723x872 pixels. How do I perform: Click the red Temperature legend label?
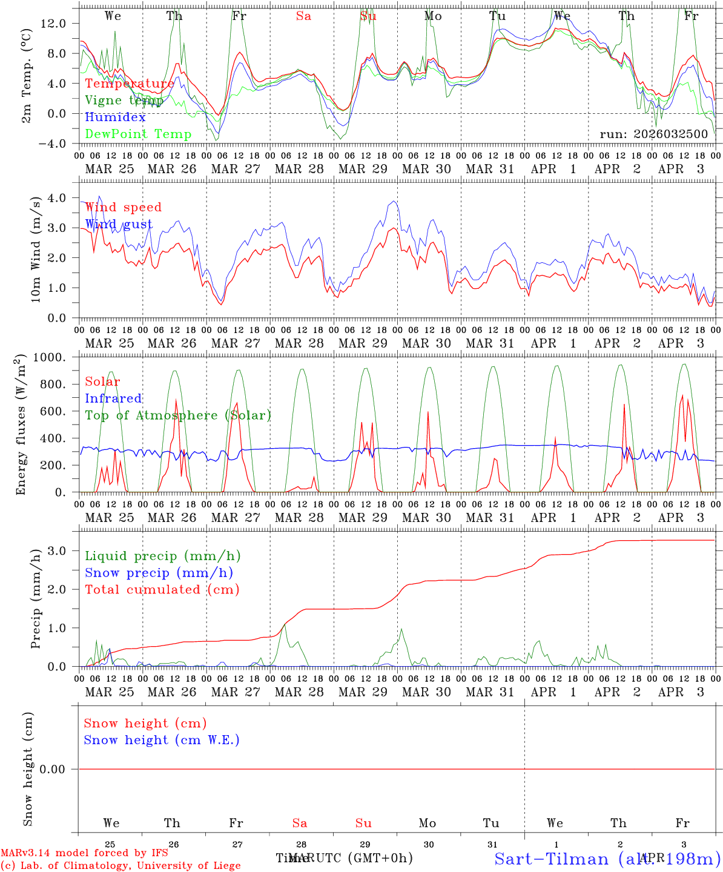point(130,84)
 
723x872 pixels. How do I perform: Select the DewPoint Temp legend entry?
point(138,134)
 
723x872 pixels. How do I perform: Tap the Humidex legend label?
point(115,117)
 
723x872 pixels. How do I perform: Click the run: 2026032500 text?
point(653,134)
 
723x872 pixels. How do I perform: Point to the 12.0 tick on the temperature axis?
point(54,23)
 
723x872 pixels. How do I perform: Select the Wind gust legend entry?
point(119,224)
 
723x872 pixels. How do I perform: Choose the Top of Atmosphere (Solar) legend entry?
point(178,415)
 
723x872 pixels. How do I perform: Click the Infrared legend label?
point(113,398)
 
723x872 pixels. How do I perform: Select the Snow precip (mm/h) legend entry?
point(159,573)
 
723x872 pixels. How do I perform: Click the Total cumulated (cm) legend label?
point(162,589)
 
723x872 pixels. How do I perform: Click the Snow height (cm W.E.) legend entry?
point(161,740)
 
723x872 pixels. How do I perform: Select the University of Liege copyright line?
point(120,865)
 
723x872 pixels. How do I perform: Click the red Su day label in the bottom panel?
point(363,823)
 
